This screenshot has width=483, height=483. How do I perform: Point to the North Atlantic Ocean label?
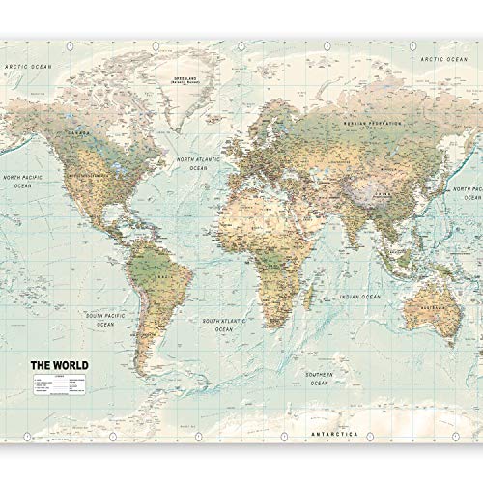[x=196, y=161]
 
